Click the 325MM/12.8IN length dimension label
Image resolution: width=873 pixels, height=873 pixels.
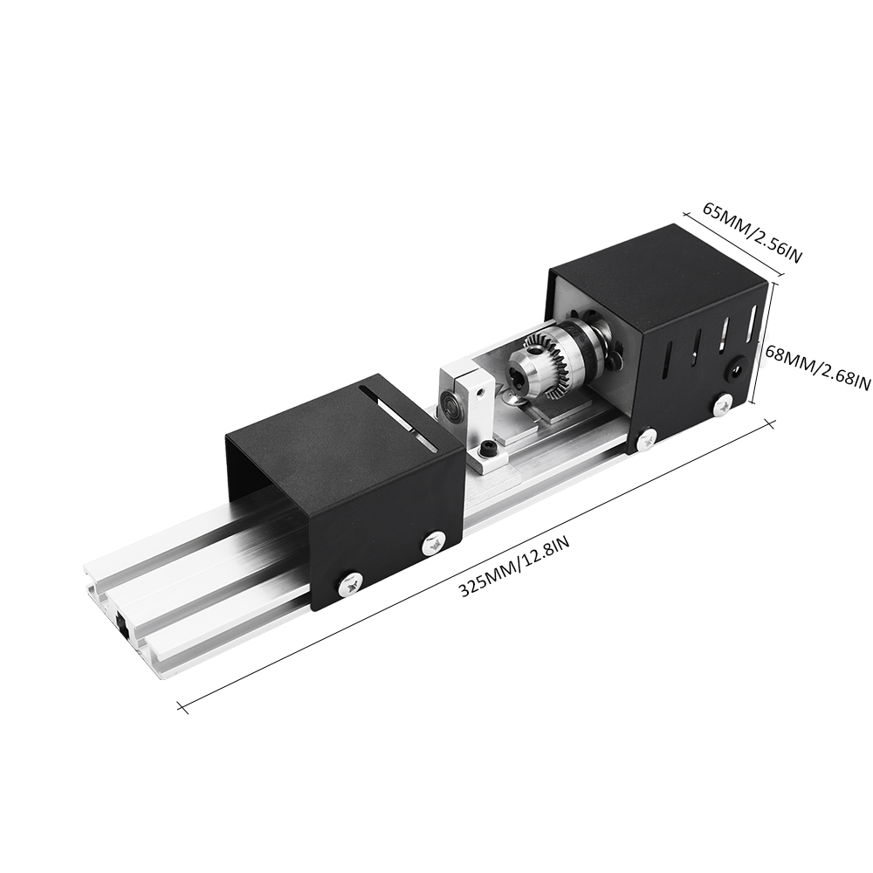(515, 568)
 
